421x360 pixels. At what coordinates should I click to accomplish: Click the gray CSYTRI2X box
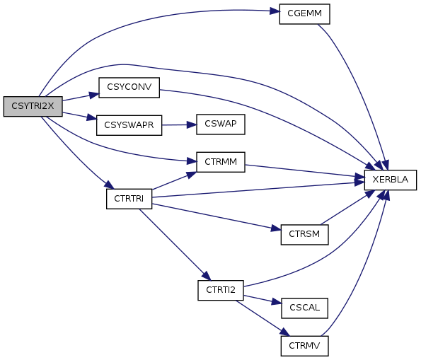[x=33, y=106]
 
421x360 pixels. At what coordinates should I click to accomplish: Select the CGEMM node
[x=304, y=14]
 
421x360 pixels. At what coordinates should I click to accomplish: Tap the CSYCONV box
[x=129, y=88]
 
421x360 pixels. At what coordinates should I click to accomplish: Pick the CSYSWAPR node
[x=129, y=125]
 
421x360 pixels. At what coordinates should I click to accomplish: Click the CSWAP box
[x=221, y=124]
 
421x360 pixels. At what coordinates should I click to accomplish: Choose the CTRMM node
[x=221, y=162]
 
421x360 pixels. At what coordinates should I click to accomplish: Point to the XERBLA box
[x=391, y=180]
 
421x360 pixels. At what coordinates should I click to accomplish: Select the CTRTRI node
[x=129, y=199]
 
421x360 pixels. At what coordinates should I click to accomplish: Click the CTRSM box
[x=304, y=235]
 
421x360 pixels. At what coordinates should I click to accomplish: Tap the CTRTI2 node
[x=221, y=291]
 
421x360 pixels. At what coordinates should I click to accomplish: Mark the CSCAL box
[x=304, y=308]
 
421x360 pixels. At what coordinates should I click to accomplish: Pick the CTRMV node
[x=304, y=346]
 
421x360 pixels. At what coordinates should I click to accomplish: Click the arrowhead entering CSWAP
[x=192, y=124]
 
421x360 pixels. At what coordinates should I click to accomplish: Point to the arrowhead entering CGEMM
[x=275, y=11]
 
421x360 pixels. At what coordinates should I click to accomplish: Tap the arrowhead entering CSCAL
[x=277, y=302]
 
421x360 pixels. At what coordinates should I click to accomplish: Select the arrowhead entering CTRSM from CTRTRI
[x=276, y=228]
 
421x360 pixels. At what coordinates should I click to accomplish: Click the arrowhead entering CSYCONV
[x=94, y=95]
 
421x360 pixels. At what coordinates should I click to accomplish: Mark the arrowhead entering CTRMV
[x=285, y=332]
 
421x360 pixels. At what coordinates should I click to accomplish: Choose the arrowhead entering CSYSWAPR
[x=91, y=117]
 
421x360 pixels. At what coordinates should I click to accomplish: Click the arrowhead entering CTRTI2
[x=207, y=276]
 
